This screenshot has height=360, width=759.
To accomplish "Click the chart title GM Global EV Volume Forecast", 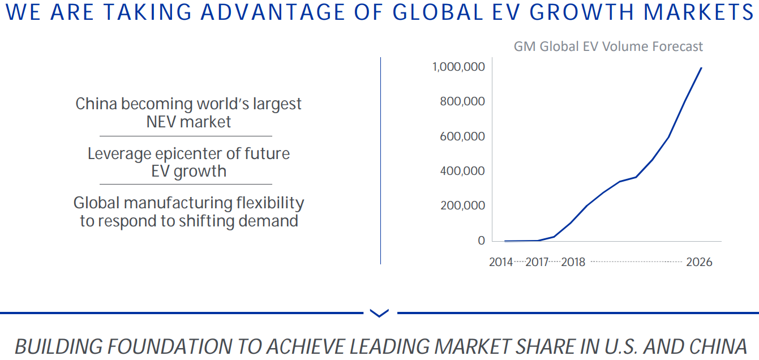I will (608, 46).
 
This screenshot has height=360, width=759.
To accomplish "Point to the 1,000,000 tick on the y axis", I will (458, 67).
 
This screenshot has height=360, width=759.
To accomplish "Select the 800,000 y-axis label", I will (462, 102).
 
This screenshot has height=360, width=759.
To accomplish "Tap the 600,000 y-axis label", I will (462, 136).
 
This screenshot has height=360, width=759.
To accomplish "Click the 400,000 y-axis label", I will (462, 171).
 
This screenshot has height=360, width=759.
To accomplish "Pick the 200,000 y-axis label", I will (462, 205).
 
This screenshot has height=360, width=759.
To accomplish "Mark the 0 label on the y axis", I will (481, 241).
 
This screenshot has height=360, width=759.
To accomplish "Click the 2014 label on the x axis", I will (500, 263).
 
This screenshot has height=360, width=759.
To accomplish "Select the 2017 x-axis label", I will (537, 263).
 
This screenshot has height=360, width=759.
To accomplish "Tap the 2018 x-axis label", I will (573, 263).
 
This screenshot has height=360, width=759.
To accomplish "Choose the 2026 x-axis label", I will (698, 263).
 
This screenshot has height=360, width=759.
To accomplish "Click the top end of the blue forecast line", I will (701, 68).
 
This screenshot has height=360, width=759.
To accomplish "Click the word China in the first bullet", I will (96, 104).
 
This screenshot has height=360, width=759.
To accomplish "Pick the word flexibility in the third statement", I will (270, 203).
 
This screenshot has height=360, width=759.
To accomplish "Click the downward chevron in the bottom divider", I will (379, 312).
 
